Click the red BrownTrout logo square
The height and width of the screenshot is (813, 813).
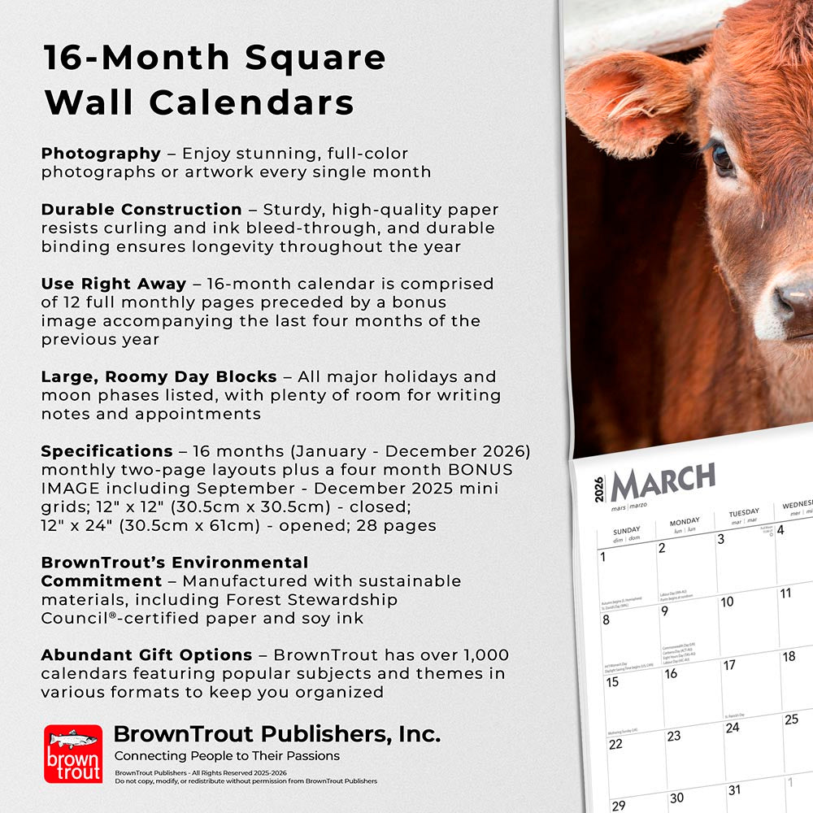click(73, 754)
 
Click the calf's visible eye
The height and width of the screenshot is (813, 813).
click(722, 158)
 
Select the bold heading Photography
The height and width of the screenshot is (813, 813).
click(101, 153)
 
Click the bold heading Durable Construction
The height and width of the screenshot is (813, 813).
click(141, 209)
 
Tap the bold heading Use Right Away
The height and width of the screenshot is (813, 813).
click(114, 284)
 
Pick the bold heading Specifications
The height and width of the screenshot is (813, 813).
click(107, 451)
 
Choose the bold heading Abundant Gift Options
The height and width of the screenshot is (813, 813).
click(146, 654)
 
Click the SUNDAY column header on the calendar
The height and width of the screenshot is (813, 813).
click(627, 529)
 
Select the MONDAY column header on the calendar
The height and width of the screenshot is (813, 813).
click(685, 521)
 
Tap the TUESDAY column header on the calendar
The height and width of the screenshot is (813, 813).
click(743, 513)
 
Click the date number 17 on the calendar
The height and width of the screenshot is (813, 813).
click(729, 665)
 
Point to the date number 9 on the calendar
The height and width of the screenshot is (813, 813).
click(664, 611)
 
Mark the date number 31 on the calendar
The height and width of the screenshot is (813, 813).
click(734, 789)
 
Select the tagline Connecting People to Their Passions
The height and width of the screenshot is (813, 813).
click(226, 756)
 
